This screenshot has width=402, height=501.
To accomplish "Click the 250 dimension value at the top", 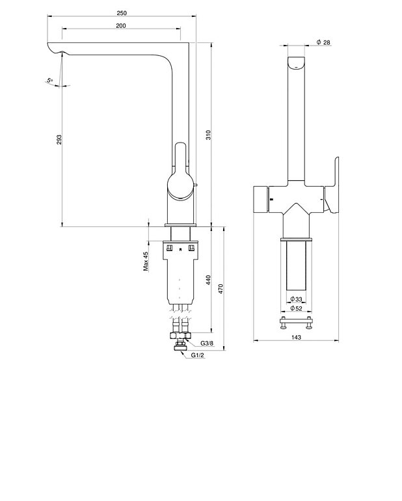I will coord(122,12).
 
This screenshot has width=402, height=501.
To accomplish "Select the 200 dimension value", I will coord(121,25).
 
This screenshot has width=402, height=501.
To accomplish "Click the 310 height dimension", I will coord(208,135).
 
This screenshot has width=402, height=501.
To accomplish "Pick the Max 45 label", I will coord(146,262).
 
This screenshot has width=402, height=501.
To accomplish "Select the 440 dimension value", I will coord(208,279).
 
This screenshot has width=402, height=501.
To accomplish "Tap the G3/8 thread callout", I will coord(207,343).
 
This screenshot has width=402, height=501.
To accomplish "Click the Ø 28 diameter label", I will coord(323,42).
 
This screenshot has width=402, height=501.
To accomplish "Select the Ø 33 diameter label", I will coord(297,299).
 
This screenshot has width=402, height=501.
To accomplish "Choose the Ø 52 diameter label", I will coord(297,308).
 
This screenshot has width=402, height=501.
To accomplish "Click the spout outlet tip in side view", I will coord(55,52).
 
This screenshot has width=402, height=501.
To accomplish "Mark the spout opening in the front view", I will coord(297,64).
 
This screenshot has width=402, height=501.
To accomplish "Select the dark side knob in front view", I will coord(260,199).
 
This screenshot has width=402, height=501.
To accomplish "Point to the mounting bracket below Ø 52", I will coord(297,322).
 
